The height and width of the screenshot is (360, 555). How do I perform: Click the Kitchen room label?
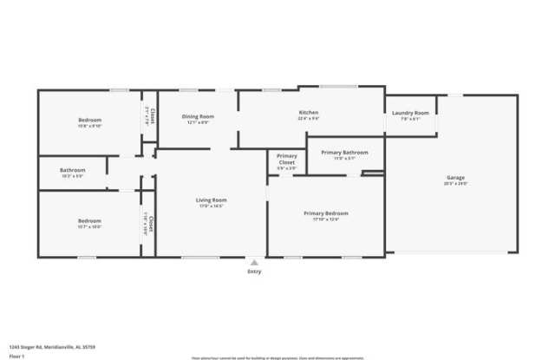309,113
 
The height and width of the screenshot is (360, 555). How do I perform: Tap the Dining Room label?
198,116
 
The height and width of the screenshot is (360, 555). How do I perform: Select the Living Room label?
211,200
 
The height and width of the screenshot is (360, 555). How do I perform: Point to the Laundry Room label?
410,113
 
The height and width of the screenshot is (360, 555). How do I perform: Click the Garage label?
455,178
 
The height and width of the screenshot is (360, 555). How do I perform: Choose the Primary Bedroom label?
326,213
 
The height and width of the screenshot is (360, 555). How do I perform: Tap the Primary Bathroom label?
344,153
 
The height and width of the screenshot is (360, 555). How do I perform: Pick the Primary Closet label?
286,160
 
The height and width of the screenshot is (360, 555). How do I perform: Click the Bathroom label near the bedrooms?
73,170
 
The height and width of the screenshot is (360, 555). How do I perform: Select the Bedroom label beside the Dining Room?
90,120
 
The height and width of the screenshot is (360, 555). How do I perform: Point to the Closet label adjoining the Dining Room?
153,114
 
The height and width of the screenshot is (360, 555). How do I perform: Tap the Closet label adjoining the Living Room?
151,224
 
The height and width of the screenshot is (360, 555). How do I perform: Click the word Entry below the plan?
254,272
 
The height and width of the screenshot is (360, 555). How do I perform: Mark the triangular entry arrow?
254,261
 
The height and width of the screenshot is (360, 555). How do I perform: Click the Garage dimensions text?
455,184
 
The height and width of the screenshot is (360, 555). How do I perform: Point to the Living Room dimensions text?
211,206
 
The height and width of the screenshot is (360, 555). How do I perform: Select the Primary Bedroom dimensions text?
326,219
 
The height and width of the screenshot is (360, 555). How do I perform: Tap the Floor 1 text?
17,356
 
